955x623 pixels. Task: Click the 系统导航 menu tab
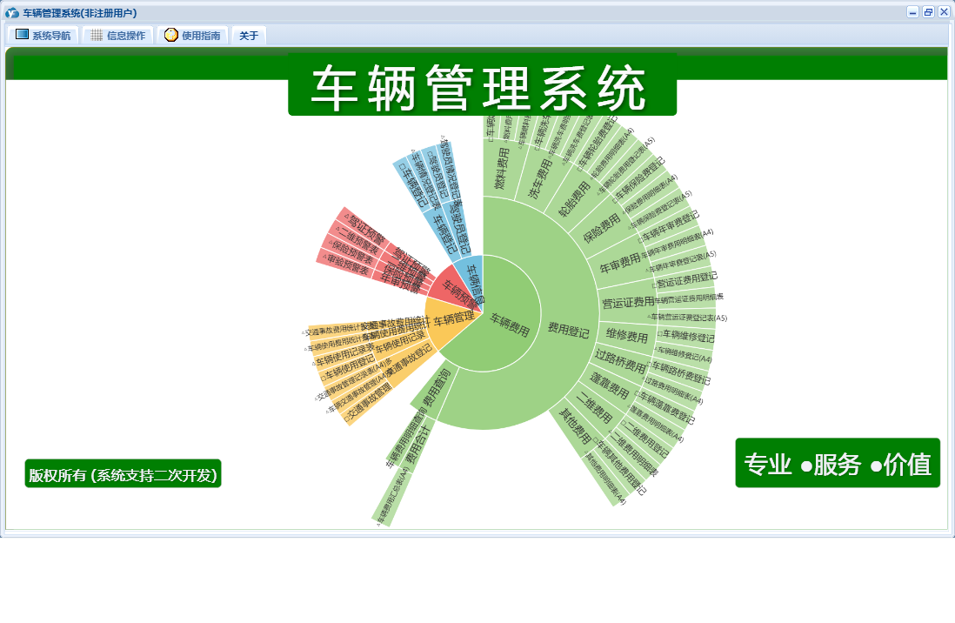pyautogui.click(x=43, y=36)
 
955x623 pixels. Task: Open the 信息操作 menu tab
pyautogui.click(x=117, y=36)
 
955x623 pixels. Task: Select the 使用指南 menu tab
pyautogui.click(x=193, y=36)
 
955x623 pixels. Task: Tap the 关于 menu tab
pyautogui.click(x=249, y=36)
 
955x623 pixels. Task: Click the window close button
pyautogui.click(x=944, y=12)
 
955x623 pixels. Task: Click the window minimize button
pyautogui.click(x=912, y=12)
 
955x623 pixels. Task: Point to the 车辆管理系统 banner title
pyautogui.click(x=482, y=87)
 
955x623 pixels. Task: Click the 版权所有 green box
pyautogui.click(x=123, y=474)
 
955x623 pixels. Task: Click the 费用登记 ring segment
pyautogui.click(x=569, y=331)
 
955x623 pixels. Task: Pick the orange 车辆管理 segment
pyautogui.click(x=453, y=319)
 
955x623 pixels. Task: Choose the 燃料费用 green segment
pyautogui.click(x=500, y=170)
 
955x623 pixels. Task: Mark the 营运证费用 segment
pyautogui.click(x=628, y=302)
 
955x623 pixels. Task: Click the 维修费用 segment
pyautogui.click(x=627, y=337)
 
